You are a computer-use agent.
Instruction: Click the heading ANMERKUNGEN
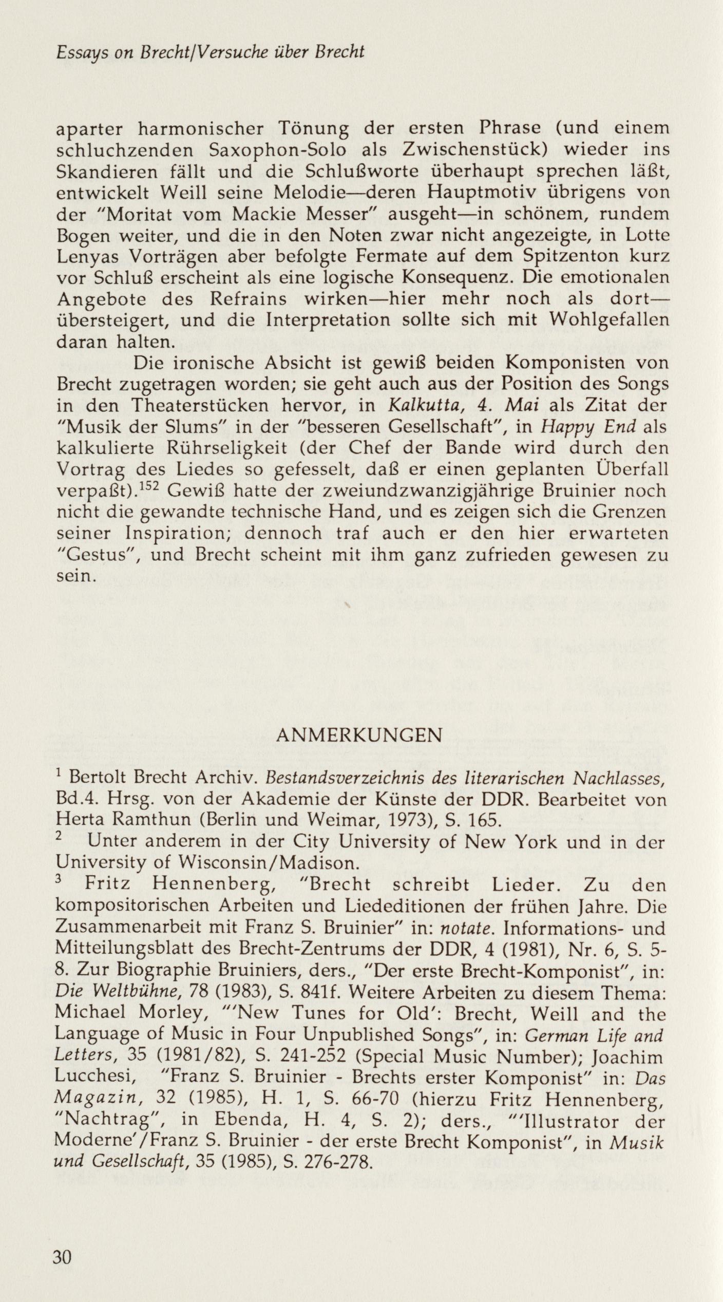coord(358,736)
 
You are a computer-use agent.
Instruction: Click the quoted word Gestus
coord(98,555)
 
